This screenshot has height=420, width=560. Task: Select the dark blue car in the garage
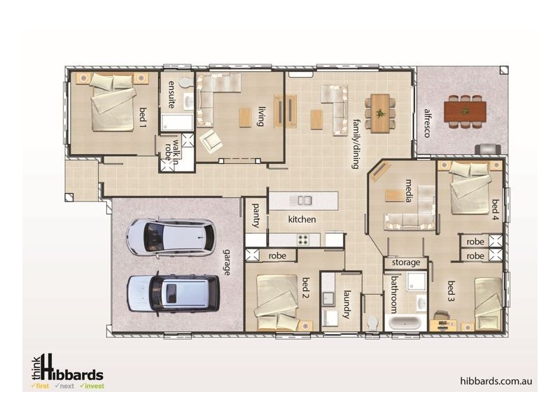(173, 293)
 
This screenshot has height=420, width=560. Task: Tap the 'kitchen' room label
(302, 220)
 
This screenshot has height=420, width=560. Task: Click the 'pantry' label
(256, 215)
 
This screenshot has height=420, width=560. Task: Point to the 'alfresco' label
(426, 122)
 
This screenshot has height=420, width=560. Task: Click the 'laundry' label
(346, 305)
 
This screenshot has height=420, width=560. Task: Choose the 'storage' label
(406, 262)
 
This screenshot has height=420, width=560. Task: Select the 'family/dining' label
(356, 143)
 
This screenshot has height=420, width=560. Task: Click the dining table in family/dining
(380, 112)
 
